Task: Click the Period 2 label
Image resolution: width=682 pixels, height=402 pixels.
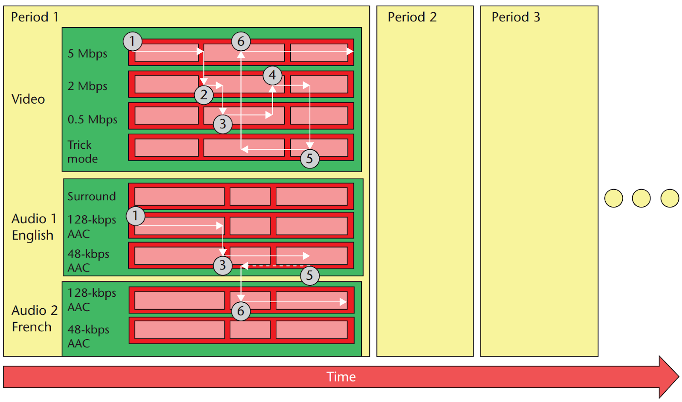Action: (412, 17)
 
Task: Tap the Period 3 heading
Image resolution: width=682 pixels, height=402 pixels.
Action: (515, 17)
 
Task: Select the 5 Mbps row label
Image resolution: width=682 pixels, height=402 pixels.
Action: (87, 54)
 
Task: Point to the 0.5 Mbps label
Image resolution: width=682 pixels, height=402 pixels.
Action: (92, 119)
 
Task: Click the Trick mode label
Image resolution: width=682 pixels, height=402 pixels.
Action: (82, 152)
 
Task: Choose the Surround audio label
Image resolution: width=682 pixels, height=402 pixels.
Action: (92, 196)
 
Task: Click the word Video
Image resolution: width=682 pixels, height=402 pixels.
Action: (28, 99)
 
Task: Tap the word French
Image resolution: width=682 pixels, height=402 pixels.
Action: (32, 327)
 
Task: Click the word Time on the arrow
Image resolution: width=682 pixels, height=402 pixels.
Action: (341, 377)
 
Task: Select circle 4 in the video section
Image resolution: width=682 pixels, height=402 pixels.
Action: (272, 75)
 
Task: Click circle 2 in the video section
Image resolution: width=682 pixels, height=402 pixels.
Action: (204, 95)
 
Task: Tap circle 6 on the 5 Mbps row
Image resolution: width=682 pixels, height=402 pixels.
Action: (241, 41)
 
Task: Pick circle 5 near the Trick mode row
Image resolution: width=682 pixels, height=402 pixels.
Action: (309, 159)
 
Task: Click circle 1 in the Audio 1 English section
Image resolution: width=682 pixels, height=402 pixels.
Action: (136, 216)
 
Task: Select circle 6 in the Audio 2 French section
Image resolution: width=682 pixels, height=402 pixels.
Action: (241, 311)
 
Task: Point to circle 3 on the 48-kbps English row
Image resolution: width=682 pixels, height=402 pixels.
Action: (223, 265)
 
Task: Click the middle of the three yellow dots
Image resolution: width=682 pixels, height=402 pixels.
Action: (641, 198)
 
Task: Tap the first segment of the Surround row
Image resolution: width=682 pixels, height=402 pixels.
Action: (179, 197)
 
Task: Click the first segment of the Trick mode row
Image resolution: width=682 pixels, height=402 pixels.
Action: (166, 147)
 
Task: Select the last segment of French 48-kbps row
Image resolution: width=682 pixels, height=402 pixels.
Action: (312, 330)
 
